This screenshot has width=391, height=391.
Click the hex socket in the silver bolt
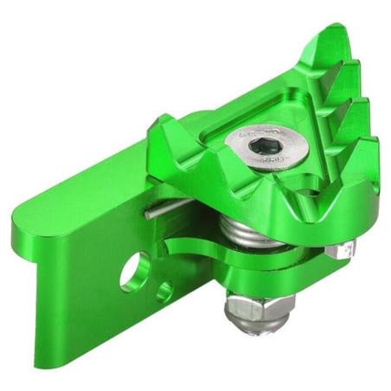point(259,146)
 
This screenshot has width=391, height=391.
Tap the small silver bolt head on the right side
point(343,252)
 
